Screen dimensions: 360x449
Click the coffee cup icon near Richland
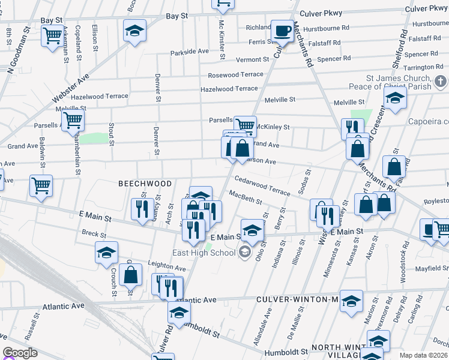coord(281,29)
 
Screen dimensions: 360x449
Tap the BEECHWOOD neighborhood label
coord(145,184)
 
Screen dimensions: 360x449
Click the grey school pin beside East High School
coord(244,252)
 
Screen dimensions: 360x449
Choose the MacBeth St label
coord(244,197)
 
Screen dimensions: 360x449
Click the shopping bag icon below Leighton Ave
coord(130,275)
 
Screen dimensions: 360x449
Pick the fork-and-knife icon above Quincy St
coord(142,209)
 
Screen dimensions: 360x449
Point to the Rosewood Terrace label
coord(235,75)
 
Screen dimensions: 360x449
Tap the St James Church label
coord(399,79)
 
